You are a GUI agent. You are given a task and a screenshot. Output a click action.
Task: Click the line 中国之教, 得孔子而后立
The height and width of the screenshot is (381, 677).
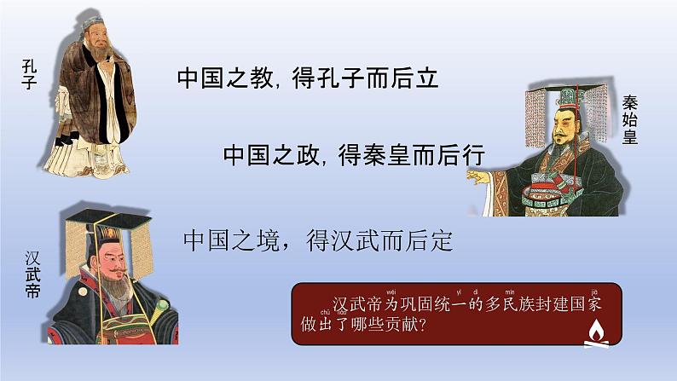[x=308, y=79]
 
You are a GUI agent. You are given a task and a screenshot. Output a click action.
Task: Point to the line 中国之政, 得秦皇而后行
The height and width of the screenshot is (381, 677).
[x=354, y=154]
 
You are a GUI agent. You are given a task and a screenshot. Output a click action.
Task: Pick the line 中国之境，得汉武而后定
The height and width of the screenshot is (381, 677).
[x=317, y=240]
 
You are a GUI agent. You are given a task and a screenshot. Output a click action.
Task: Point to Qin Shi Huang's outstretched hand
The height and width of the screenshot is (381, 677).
[x=482, y=174]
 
